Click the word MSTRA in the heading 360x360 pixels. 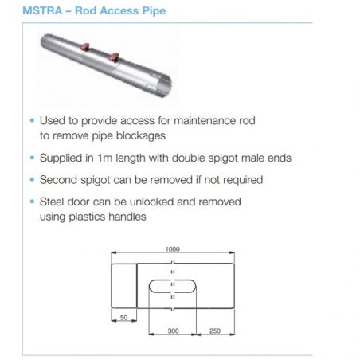click(42, 11)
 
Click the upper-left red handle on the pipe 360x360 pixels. click(85, 47)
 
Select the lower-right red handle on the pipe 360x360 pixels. click(115, 57)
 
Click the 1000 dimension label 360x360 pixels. click(173, 249)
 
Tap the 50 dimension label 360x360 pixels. click(124, 317)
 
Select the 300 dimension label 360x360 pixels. click(173, 331)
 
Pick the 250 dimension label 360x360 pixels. click(215, 331)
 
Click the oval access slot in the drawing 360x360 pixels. click(173, 280)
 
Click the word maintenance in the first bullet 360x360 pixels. click(205, 121)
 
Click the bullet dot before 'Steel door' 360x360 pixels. click(32, 202)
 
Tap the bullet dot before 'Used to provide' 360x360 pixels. click(32, 120)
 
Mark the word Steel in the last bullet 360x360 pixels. click(51, 202)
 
